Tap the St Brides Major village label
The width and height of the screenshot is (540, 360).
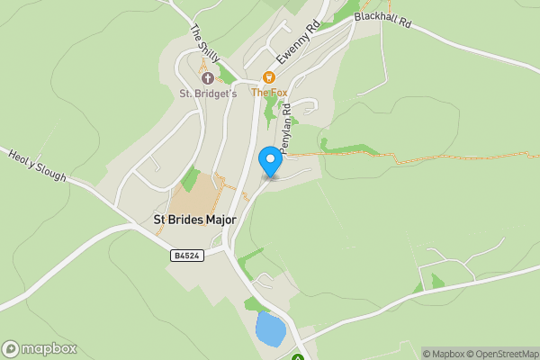coord(193,220)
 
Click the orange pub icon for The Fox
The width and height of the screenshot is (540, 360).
coord(268,78)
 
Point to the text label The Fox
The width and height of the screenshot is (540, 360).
coord(267,93)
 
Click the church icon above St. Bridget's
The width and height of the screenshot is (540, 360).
coord(207,78)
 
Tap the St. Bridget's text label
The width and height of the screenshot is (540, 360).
coord(208,93)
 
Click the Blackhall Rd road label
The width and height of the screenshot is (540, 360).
coord(382,19)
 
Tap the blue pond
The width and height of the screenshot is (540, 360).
coord(269,328)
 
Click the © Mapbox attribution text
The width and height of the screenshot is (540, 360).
coord(444,354)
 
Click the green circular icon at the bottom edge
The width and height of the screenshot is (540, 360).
coord(298,357)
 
